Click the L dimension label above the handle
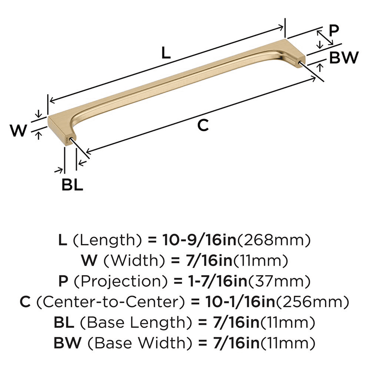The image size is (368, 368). pos(166,54)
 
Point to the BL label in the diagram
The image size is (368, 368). pos(72,185)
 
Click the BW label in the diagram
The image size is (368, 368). pos(343,58)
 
